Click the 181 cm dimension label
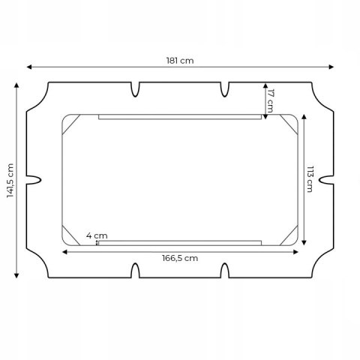[x=180, y=61]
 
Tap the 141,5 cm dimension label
[x=10, y=181]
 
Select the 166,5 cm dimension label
[x=180, y=258]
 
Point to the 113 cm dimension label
[x=310, y=179]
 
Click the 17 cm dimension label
[x=271, y=101]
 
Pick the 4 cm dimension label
[x=97, y=235]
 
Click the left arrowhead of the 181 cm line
[x=29, y=67]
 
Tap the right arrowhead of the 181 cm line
[x=331, y=67]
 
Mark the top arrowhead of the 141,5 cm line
[x=16, y=85]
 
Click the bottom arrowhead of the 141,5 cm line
[x=16, y=275]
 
